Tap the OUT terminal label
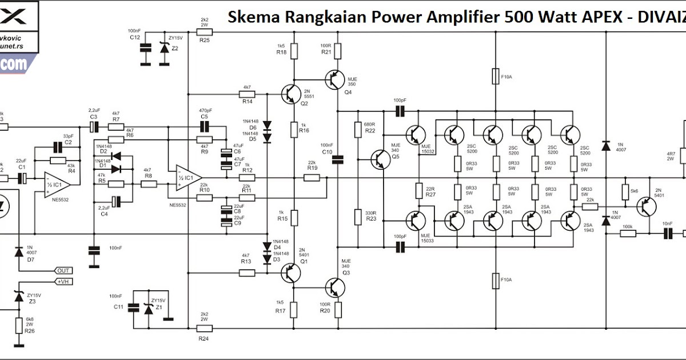coord(63,270)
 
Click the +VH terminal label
coord(63,281)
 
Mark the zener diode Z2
coord(166,48)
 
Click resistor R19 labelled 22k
coord(312,178)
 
